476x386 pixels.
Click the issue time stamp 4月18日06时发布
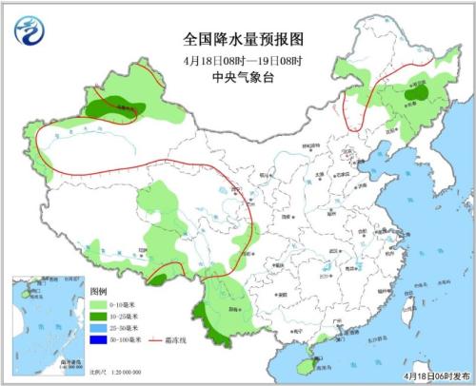428,375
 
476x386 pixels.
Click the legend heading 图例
98,289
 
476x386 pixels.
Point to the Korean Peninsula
424,176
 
